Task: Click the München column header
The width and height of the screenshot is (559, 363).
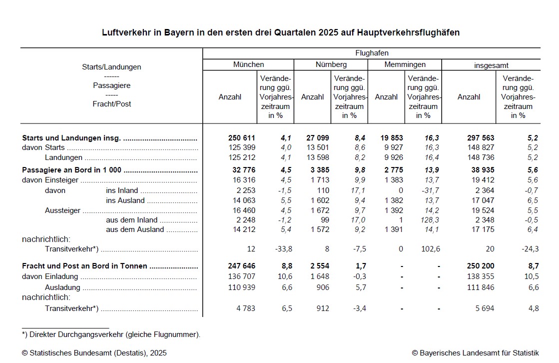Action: tap(248, 64)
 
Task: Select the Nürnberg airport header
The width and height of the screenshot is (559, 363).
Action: tap(331, 64)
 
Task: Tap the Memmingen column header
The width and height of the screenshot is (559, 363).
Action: tap(405, 64)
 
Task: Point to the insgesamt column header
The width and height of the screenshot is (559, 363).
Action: tap(491, 65)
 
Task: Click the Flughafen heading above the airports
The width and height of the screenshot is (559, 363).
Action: tap(372, 53)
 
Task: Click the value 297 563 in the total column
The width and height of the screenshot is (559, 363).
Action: tap(480, 138)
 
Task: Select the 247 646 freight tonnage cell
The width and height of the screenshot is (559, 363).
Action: tap(241, 266)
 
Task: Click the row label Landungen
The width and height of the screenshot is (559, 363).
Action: tap(63, 157)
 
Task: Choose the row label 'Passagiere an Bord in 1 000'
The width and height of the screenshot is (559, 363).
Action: tap(73, 170)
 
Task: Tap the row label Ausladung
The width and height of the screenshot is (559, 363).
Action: tap(63, 287)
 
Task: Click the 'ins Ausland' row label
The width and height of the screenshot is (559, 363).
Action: tap(125, 200)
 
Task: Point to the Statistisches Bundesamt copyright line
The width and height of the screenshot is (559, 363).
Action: tap(94, 352)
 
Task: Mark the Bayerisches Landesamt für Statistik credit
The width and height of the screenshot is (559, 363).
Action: tap(475, 352)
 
